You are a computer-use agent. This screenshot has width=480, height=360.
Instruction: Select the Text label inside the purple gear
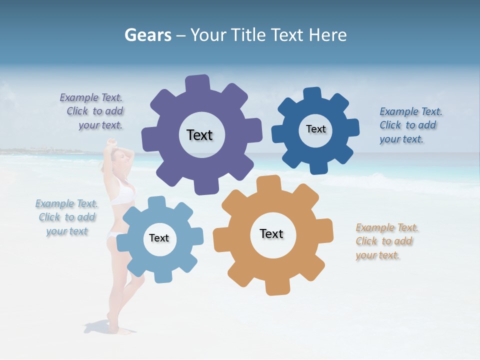(199, 135)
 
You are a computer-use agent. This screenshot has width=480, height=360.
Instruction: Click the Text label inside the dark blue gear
(315, 129)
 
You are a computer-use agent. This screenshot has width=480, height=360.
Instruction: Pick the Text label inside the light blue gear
(159, 238)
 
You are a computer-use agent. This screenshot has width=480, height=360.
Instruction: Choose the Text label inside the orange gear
(271, 233)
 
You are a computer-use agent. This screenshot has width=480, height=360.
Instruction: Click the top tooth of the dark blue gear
(311, 94)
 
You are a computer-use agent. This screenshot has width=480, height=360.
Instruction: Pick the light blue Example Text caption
(66, 217)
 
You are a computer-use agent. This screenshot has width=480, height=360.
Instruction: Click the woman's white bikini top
(123, 194)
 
